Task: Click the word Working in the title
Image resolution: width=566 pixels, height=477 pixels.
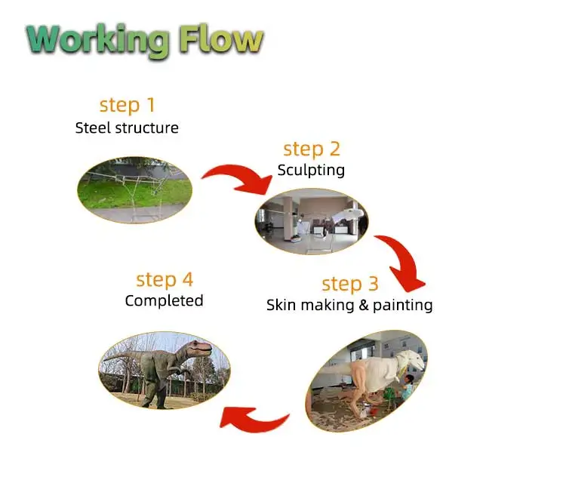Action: [x=97, y=39]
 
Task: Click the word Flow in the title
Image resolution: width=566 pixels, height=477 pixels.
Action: [x=220, y=39]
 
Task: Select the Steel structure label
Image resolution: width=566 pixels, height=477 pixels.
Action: [x=127, y=128]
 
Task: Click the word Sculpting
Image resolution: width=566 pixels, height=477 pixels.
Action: [x=311, y=170]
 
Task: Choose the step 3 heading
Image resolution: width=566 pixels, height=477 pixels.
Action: [x=350, y=284]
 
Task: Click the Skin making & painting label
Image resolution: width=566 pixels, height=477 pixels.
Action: [x=349, y=305]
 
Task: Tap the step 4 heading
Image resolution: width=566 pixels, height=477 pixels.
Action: [x=165, y=280]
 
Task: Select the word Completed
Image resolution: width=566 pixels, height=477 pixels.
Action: [x=164, y=300]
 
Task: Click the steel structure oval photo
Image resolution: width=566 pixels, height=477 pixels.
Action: [x=134, y=189]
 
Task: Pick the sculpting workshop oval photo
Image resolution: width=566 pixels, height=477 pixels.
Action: [x=311, y=221]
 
